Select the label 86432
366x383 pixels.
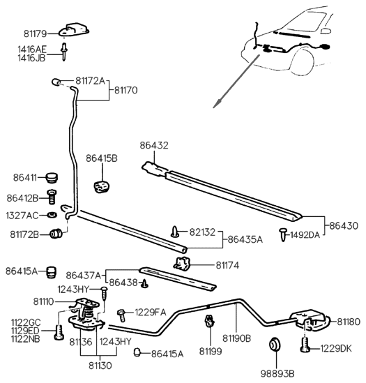tap(154, 146)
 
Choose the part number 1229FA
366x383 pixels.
tap(151, 311)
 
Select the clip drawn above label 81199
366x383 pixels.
tap(208, 322)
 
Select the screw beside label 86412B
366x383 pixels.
tap(50, 197)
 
